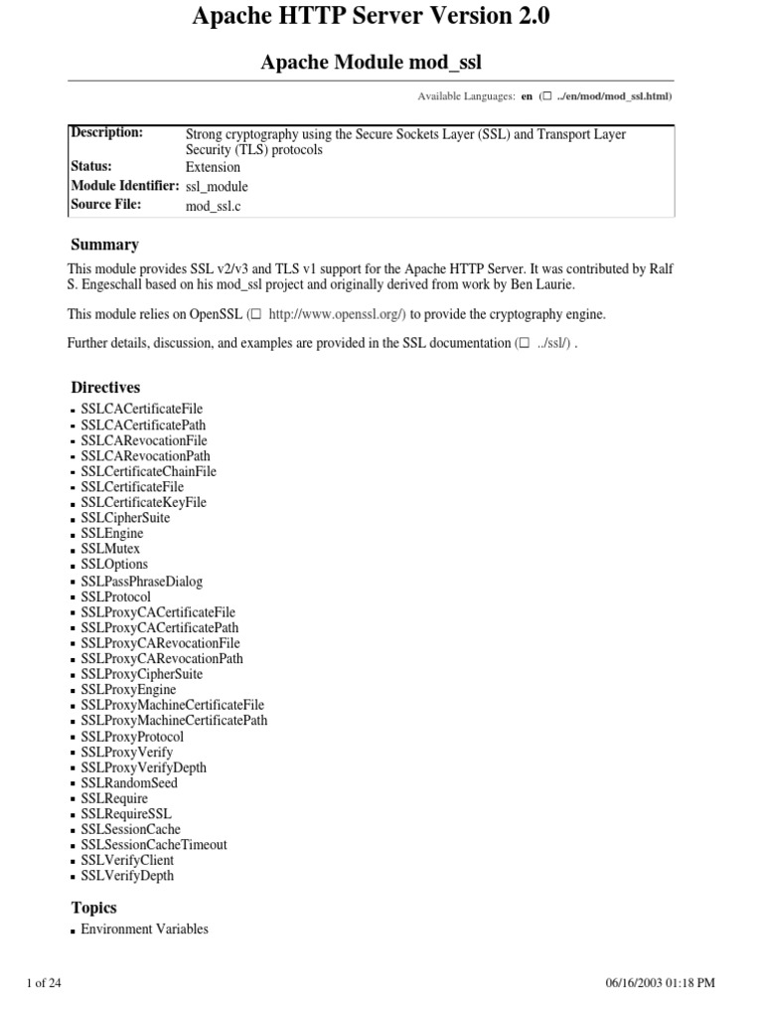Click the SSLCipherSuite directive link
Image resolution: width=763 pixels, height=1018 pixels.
coord(125,518)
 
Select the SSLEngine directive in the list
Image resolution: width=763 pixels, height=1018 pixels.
coord(111,534)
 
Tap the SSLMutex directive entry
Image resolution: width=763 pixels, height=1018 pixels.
coord(110,549)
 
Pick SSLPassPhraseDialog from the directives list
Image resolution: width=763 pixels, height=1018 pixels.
coord(141,582)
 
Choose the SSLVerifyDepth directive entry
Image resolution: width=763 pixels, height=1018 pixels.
coord(127,876)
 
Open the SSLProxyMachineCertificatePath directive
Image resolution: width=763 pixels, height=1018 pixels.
coord(174,721)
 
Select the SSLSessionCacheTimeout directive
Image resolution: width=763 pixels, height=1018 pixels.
coord(154,845)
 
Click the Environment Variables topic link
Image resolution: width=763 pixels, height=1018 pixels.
coord(144,930)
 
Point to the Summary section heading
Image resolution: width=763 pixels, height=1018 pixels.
coord(104,245)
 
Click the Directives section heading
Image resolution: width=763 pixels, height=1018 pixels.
coord(105,388)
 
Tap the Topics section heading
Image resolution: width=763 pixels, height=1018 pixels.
coord(93,908)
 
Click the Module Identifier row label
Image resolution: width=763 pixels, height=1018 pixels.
coord(124,186)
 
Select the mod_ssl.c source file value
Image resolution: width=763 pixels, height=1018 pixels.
coord(214,206)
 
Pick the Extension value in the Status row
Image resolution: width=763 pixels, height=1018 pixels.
coord(213,167)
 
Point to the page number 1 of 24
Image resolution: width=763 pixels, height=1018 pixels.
coord(44,983)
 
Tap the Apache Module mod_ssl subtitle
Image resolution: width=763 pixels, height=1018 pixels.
coord(371,64)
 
